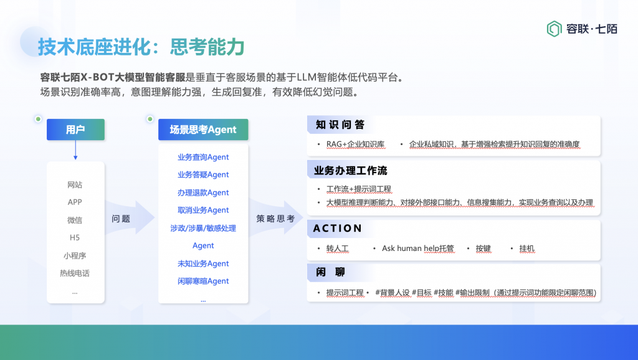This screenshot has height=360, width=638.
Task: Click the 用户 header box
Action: coord(75,130)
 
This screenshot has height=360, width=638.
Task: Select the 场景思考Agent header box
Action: coord(203,130)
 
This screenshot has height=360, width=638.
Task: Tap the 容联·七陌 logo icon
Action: coord(554,29)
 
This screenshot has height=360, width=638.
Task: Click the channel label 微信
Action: coord(75,220)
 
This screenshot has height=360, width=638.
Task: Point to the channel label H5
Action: coord(75,237)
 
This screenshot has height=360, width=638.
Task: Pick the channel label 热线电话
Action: coord(75,273)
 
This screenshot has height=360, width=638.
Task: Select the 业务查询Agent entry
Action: coord(203,157)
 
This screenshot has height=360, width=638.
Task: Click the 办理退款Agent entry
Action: coord(203,192)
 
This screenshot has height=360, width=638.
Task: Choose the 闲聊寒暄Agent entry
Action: coord(203,281)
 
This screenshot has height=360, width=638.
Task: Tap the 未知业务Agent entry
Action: coord(203,263)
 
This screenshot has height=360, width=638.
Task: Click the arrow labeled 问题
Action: coord(130,217)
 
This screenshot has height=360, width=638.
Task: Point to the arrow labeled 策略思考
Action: coord(276,217)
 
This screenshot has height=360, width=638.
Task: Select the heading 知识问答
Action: coord(340,125)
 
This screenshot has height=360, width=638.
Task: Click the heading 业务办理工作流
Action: coord(350,171)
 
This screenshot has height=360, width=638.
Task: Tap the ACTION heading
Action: coord(337,228)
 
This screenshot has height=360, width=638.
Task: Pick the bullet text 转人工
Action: coord(337,248)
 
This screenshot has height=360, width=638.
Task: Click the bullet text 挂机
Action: coord(527,248)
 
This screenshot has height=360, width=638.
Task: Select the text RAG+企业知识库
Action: coord(355,144)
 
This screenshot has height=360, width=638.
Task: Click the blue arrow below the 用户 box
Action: coord(75,150)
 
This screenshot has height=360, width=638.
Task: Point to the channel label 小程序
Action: coord(75,255)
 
